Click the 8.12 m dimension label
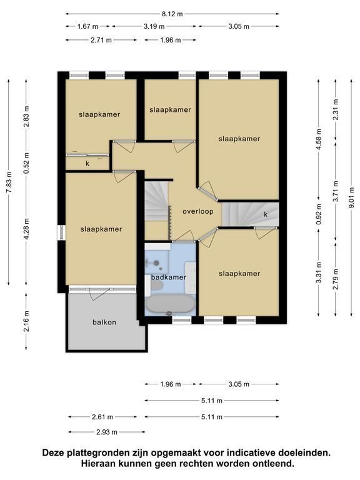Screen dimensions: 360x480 [172, 14]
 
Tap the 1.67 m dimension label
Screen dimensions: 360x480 [87, 26]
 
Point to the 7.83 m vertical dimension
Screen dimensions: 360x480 [9, 182]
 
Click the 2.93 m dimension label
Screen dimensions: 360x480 [106, 432]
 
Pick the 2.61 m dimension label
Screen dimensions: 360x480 [102, 417]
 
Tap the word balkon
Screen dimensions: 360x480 [104, 322]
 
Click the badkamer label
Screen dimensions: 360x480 [169, 277]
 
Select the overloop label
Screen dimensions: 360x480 [197, 211]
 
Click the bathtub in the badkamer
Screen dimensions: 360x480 [170, 304]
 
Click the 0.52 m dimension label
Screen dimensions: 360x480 [26, 163]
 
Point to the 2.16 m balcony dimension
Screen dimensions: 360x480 [26, 321]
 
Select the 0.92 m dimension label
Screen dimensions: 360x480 [319, 214]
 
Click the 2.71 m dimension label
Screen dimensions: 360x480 [101, 40]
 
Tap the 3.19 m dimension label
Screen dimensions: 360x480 [154, 26]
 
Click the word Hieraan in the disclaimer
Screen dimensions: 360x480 [97, 464]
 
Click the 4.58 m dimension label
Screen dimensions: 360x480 [319, 139]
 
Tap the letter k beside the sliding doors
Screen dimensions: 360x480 [87, 164]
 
